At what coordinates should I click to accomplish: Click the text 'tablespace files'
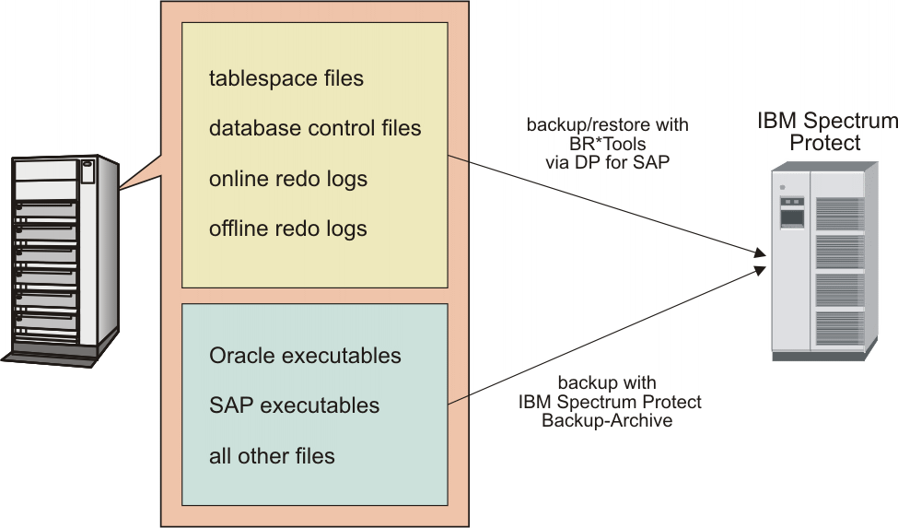[286, 78]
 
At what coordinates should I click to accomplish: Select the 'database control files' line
[315, 128]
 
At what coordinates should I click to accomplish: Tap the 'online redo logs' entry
[288, 178]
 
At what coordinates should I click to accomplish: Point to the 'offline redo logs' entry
[288, 228]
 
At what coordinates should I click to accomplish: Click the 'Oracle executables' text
[305, 355]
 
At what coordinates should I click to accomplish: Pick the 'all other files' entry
[272, 455]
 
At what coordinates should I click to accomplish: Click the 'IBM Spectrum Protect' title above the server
[826, 132]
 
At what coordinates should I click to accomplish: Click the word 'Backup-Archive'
[607, 420]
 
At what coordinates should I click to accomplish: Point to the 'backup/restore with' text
[607, 124]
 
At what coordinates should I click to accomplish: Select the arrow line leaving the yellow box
[599, 204]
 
